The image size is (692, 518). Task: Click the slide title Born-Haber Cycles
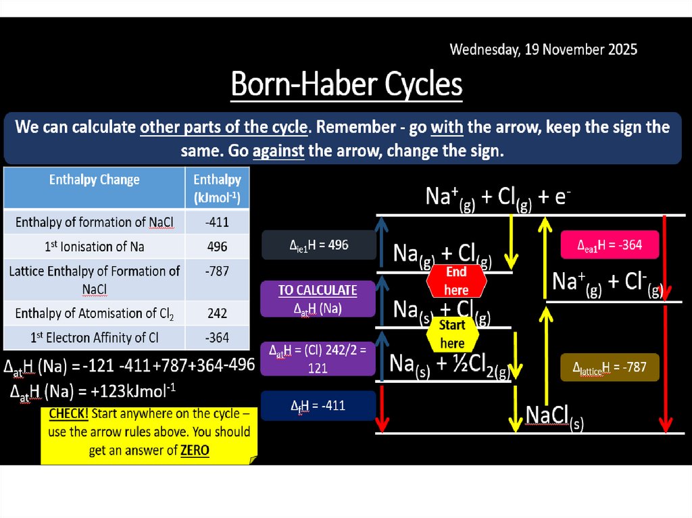[x=346, y=85]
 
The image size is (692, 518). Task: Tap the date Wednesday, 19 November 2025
[x=543, y=49]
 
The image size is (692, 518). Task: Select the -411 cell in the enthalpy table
[x=217, y=222]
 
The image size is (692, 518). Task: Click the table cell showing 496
[x=217, y=247]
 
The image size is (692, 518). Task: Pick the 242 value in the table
[x=217, y=313]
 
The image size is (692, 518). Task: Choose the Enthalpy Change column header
[x=94, y=180]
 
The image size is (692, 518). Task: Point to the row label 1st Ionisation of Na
[x=94, y=247]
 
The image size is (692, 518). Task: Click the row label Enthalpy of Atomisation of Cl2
[x=94, y=313]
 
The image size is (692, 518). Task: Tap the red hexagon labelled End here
[x=456, y=280]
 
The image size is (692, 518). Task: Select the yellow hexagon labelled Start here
[x=452, y=334]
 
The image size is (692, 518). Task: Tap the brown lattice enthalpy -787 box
[x=610, y=367]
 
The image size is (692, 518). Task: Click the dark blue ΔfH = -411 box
[x=318, y=406]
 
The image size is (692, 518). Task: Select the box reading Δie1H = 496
[x=318, y=245]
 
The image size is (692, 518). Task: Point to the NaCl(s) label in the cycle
[x=554, y=416]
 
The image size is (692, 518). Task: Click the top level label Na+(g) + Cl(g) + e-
[x=499, y=197]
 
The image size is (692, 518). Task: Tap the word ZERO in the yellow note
[x=195, y=450]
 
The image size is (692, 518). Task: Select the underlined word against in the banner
[x=278, y=150]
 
